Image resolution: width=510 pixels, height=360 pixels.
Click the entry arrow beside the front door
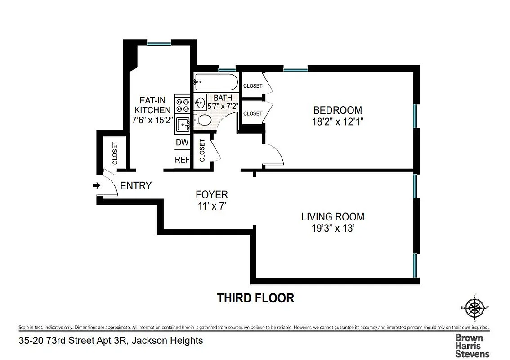[96, 185]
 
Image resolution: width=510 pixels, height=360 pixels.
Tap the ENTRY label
[136, 186]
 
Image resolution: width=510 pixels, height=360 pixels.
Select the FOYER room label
[211, 195]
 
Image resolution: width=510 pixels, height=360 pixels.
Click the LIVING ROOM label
[332, 217]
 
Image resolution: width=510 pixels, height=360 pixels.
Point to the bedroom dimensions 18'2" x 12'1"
[337, 121]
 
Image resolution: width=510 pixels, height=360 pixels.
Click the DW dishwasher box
[182, 143]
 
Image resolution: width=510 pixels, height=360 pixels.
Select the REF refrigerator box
[182, 160]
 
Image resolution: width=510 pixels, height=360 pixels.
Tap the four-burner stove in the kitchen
[182, 105]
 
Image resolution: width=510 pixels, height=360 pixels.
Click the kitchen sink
[182, 124]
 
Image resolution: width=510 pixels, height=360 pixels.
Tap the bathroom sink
[199, 102]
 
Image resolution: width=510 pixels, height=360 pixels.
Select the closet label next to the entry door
[114, 153]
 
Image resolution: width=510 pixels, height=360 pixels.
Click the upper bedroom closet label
[253, 86]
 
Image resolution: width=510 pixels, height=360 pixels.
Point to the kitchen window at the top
[159, 43]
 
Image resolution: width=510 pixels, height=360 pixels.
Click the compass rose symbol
[474, 308]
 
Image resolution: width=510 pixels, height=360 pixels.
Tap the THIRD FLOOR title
[255, 298]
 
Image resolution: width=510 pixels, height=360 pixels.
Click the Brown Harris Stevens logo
[472, 345]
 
